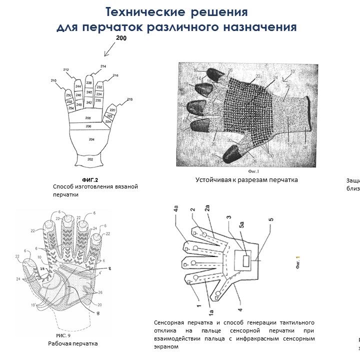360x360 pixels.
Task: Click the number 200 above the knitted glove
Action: [x=121, y=38]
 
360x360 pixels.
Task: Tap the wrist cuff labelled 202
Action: [x=90, y=159]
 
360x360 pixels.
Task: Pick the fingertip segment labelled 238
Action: [x=89, y=82]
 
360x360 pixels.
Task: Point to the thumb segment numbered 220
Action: [x=112, y=110]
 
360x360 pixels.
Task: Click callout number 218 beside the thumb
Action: [x=130, y=100]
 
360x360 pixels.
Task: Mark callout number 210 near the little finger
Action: [x=53, y=80]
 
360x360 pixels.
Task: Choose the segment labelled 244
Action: [x=78, y=87]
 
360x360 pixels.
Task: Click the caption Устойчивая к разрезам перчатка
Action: [x=246, y=180]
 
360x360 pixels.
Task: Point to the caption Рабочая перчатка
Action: [x=72, y=343]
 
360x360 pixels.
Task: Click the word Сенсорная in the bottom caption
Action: [x=170, y=322]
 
